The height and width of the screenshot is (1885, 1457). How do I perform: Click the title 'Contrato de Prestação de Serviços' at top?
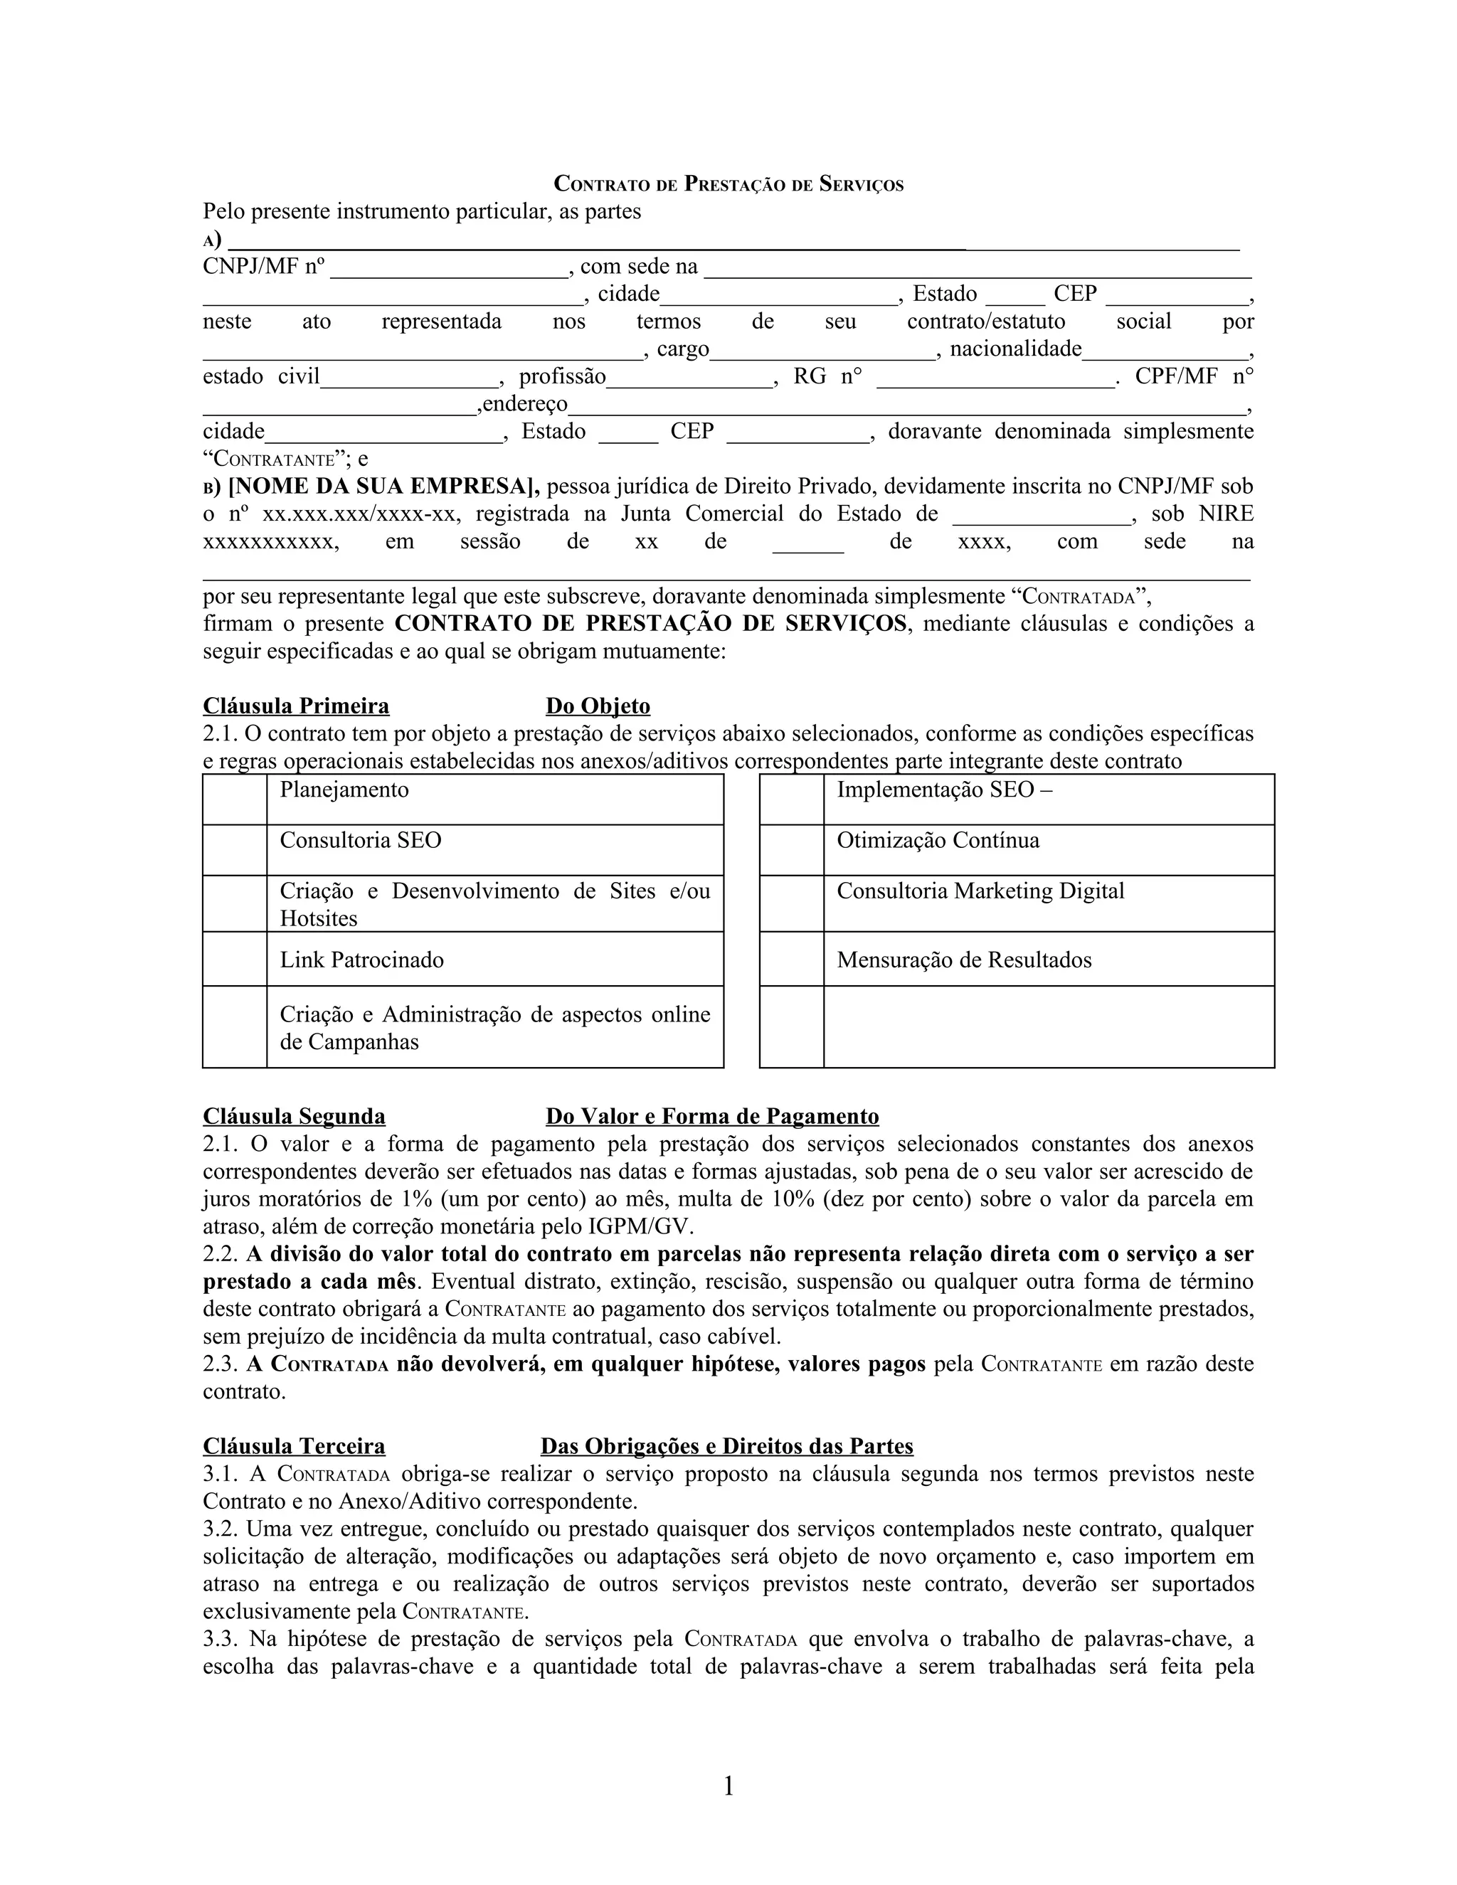[x=728, y=184]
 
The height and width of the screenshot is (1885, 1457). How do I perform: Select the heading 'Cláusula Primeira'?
[x=296, y=706]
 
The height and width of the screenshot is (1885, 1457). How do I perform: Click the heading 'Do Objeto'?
[x=598, y=706]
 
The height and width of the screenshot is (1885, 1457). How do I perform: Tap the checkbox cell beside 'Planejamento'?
[x=235, y=800]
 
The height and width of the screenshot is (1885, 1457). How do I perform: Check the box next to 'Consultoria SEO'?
[x=235, y=850]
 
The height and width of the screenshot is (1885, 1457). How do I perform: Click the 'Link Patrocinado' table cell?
[x=494, y=959]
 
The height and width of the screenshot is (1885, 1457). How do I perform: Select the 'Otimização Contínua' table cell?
[x=1048, y=850]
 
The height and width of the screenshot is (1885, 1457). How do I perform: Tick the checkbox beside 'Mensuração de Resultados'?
[x=792, y=959]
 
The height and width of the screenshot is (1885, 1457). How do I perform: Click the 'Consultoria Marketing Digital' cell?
[x=1048, y=903]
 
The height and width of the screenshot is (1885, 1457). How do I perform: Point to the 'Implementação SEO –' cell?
[x=1048, y=800]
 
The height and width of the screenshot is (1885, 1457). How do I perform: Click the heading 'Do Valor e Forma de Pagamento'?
[x=712, y=1116]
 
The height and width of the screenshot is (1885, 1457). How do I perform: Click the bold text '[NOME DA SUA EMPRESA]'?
[x=383, y=487]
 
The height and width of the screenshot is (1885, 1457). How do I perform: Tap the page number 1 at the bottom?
[x=728, y=1785]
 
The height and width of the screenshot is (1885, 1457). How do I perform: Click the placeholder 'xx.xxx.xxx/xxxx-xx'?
[x=359, y=514]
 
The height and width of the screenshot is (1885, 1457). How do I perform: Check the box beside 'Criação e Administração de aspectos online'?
[x=235, y=1026]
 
